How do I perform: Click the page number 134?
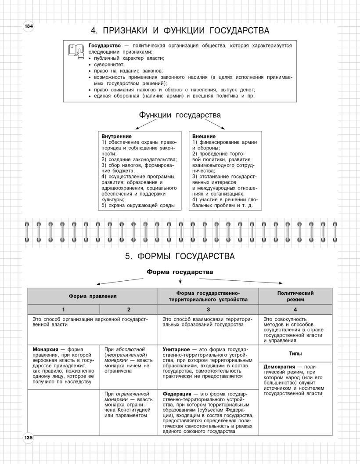tap(29, 26)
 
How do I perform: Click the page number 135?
tap(29, 438)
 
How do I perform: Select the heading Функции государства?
tap(180, 115)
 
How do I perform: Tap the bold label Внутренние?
tap(116, 136)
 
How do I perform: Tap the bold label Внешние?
tap(204, 136)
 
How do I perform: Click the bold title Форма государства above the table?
tap(180, 272)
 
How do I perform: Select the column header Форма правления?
tap(92, 296)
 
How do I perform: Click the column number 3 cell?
tap(208, 309)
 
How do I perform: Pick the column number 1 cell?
tap(64, 309)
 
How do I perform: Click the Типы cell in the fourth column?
tap(295, 353)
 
